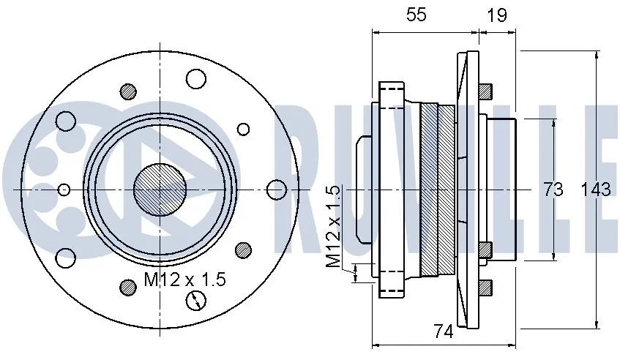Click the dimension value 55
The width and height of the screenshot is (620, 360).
[x=416, y=16]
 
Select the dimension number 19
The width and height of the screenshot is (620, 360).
[x=496, y=16]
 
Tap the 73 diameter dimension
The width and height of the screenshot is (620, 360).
[x=553, y=190]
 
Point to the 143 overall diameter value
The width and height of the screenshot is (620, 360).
[x=595, y=190]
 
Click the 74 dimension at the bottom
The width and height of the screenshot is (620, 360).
[x=442, y=331]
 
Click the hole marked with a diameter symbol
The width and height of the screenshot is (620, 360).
[x=196, y=300]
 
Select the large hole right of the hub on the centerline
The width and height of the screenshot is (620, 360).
[x=275, y=190]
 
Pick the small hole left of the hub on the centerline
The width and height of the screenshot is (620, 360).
[x=64, y=190]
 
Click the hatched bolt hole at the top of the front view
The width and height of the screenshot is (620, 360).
[x=129, y=91]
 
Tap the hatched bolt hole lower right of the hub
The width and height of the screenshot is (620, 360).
[x=243, y=250]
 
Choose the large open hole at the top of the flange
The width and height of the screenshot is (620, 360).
[x=196, y=78]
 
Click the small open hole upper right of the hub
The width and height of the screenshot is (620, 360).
[x=243, y=129]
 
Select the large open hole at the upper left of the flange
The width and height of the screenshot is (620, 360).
[x=66, y=121]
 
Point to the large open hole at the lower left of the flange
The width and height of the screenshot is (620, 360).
[x=66, y=258]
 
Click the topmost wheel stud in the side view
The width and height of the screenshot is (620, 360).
[x=485, y=91]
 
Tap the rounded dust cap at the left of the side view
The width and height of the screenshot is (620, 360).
[x=363, y=190]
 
